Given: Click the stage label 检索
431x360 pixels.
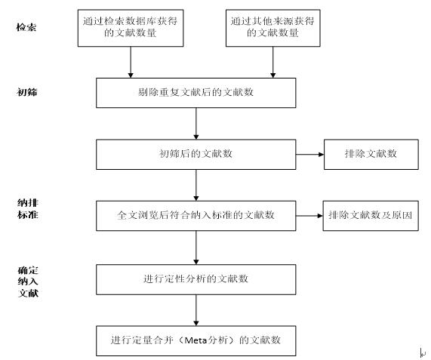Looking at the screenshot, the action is pos(26,27).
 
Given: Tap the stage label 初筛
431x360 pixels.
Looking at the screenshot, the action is pos(26,92).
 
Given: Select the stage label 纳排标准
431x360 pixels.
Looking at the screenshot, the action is pos(27,208).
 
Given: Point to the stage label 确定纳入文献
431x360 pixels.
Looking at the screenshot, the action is pos(28,282).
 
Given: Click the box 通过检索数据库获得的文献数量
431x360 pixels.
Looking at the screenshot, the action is pos(131,28).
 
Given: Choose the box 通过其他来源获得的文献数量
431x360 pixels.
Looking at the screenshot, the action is pos(273,28).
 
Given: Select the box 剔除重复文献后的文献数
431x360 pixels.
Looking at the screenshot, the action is pos(196,93).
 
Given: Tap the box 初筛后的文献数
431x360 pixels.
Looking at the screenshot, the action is pos(196,155).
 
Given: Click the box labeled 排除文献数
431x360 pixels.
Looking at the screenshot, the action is pos(371,155).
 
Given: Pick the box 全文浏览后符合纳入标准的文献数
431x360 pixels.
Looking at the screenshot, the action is pos(196,216).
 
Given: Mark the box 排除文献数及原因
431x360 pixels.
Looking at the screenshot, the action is pos(371,216).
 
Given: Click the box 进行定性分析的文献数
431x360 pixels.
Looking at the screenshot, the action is pos(196,280).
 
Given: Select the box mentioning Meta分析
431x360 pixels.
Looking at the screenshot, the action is pos(196,341).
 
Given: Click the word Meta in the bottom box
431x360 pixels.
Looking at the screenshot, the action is pos(195,340).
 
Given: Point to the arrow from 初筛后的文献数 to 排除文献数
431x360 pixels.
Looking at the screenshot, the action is pos(310,155).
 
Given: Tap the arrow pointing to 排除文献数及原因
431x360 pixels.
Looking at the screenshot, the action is pos(309,216).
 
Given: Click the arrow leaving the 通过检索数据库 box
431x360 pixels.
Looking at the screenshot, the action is pos(131,62).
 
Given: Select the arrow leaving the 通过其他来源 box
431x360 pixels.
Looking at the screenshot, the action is pos(273,62).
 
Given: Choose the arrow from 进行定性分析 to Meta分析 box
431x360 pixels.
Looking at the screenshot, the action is pos(196,310).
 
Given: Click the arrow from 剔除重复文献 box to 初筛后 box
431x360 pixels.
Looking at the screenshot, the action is pos(196,124).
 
